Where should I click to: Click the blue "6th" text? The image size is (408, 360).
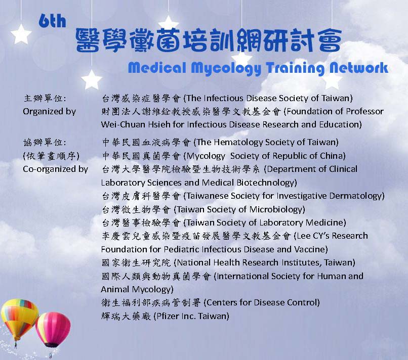(x=52, y=21)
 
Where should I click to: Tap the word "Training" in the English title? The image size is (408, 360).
(x=295, y=68)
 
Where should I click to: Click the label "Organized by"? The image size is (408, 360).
(x=50, y=112)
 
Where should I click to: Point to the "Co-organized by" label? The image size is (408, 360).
(x=55, y=169)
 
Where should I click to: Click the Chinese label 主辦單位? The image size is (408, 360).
(x=45, y=98)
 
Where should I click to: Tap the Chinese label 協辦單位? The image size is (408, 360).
(x=45, y=142)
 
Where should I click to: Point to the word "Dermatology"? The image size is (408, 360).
(x=356, y=196)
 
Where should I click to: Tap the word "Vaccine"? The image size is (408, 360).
(x=311, y=249)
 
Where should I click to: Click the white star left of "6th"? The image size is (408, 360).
(x=21, y=34)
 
